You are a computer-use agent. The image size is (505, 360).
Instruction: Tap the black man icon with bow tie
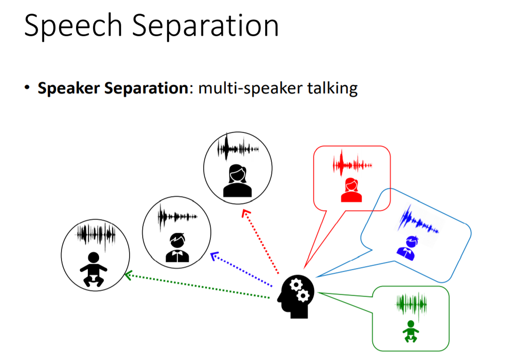point(177,248)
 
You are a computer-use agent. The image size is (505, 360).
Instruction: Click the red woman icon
point(352,190)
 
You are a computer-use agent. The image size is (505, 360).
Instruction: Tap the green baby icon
point(411,331)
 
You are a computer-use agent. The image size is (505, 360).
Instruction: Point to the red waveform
point(352,164)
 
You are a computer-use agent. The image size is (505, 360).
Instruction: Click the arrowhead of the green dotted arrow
point(127,276)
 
